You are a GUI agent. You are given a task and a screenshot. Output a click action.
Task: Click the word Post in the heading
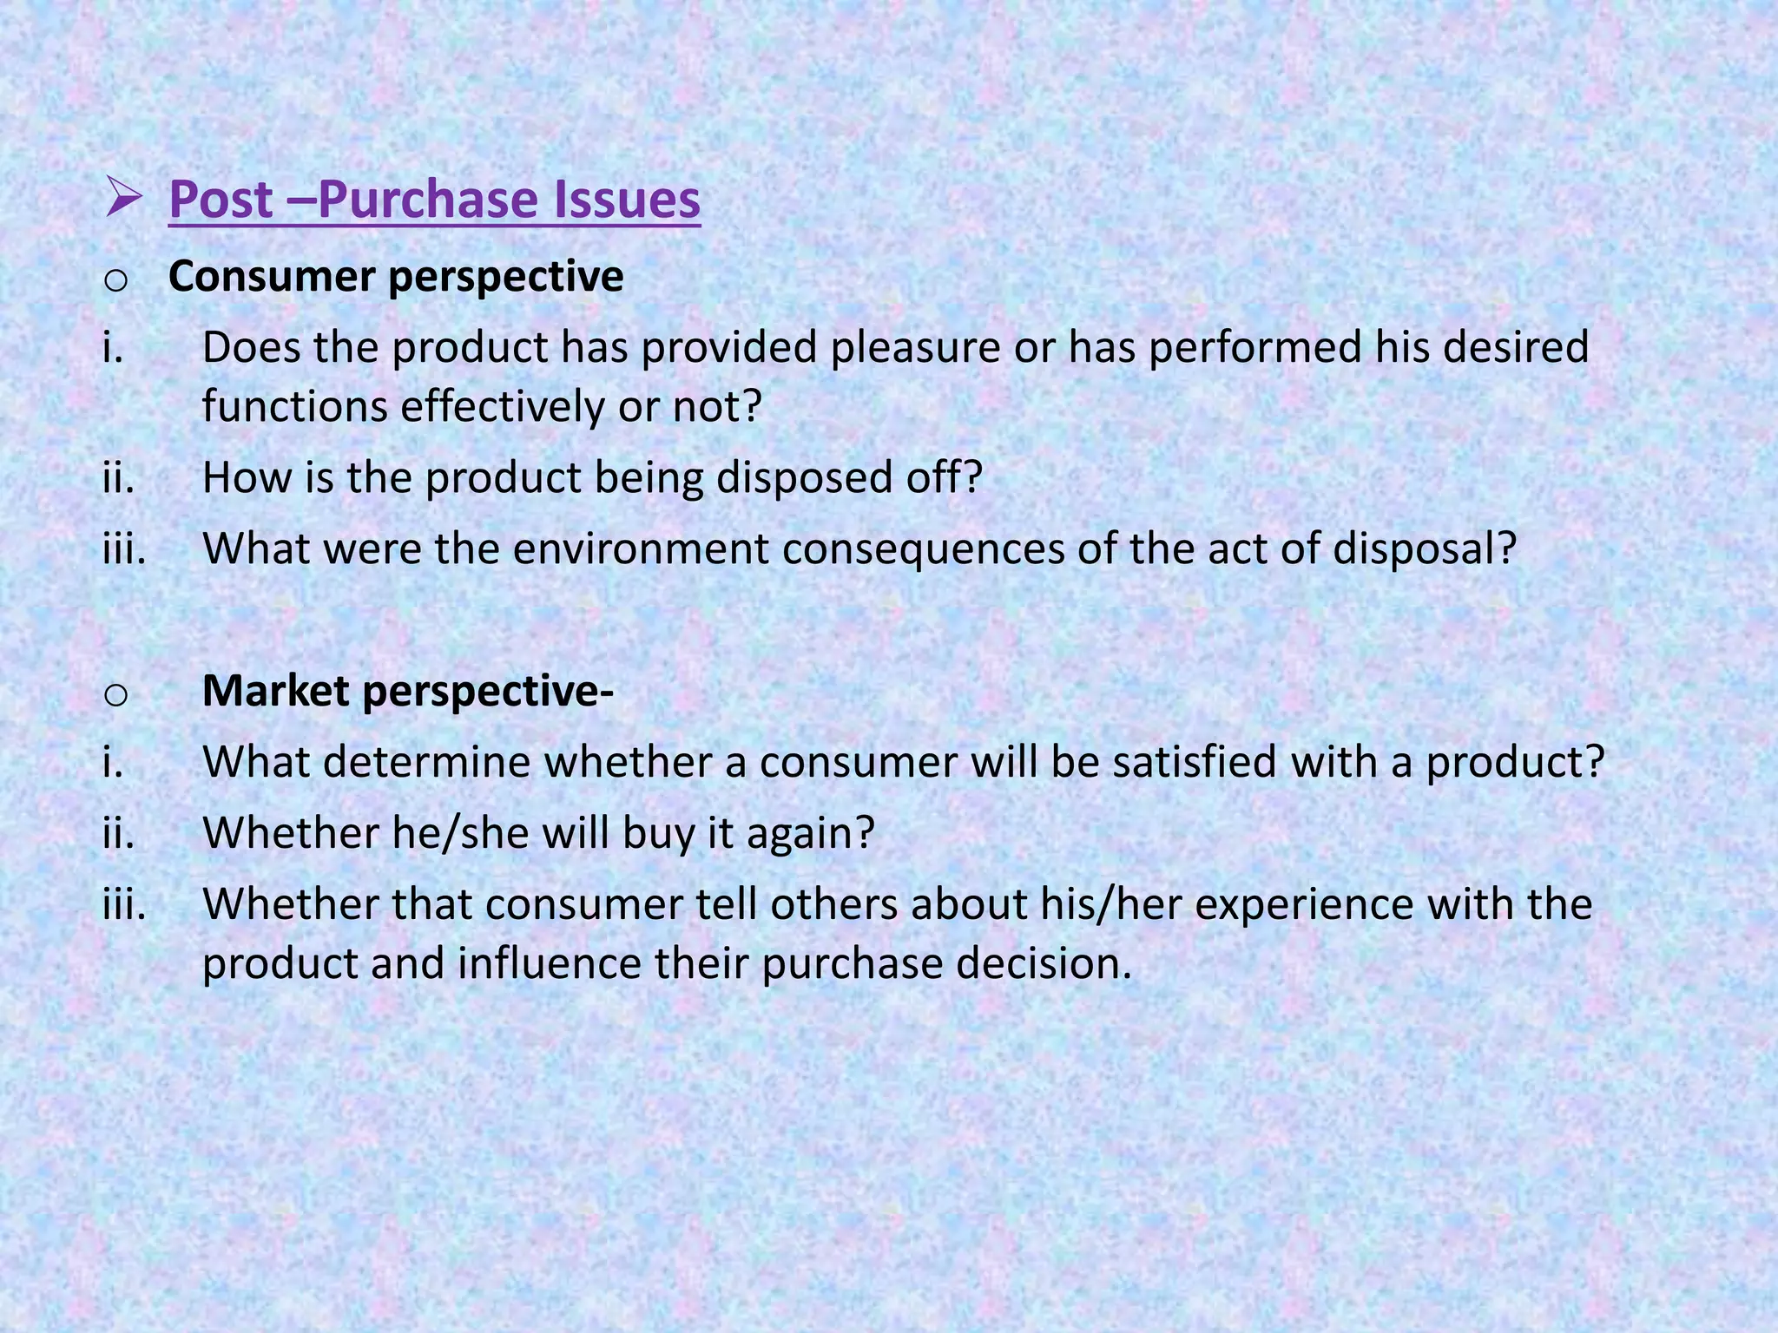tap(221, 200)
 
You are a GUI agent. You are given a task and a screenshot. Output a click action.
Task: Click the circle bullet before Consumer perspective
tap(116, 279)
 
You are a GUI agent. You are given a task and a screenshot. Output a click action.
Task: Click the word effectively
tap(502, 406)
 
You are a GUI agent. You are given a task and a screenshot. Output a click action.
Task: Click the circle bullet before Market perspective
tap(116, 694)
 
